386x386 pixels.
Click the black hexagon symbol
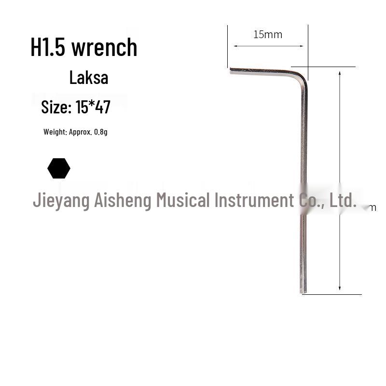[x=59, y=168]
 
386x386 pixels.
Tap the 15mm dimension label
[x=267, y=34]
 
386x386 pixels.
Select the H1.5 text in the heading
[x=48, y=47]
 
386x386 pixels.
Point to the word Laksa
[x=88, y=78]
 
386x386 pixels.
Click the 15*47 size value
[x=93, y=107]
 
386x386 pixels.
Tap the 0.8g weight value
[x=101, y=132]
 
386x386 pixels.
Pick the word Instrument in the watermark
[x=254, y=200]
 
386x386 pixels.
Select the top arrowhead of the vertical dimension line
[x=340, y=73]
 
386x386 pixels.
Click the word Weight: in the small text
[x=55, y=132]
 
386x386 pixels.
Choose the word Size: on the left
[x=56, y=107]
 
